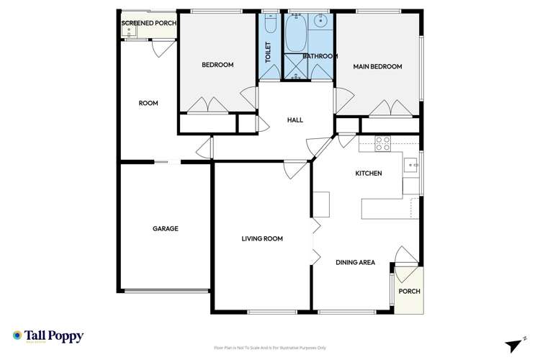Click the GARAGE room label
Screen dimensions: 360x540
pos(165,228)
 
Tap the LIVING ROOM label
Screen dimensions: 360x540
pos(261,238)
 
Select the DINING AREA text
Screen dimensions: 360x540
pos(355,262)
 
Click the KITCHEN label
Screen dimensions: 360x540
pos(368,174)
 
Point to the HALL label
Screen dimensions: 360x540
pos(295,120)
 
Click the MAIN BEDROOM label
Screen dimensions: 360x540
pos(377,66)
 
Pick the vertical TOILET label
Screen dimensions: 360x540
pos(268,53)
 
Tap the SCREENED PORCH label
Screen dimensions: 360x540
pos(149,23)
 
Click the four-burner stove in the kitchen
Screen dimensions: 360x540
pos(383,143)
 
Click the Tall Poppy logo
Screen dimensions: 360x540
pos(48,336)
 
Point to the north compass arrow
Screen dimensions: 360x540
pos(515,344)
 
